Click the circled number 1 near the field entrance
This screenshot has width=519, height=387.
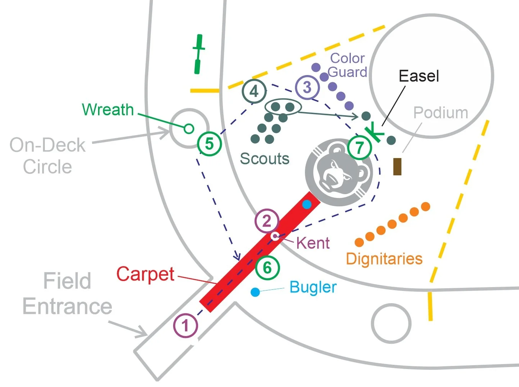coord(185,326)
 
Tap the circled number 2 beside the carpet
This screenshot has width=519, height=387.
coord(267,221)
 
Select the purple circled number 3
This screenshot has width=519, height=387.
coord(307,87)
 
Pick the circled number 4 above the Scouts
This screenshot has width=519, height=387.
coord(254,91)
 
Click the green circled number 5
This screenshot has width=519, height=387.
coord(209,144)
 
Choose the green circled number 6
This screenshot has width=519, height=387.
coord(267,268)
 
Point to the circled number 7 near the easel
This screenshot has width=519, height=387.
coord(359,147)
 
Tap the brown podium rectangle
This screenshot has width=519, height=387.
coord(397,167)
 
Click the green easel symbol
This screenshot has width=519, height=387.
coord(373,132)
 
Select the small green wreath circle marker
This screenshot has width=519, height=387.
coord(188,129)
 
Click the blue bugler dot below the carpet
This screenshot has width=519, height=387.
coord(255,292)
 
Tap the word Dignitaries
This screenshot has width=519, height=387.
coord(384,259)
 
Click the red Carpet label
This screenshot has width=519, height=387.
coord(145,274)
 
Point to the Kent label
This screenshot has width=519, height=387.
coord(313,243)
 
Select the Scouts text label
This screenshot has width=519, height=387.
coord(264,158)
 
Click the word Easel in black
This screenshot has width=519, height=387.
coord(419,76)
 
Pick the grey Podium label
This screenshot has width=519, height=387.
coord(440,113)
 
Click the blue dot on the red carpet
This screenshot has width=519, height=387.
coord(306,204)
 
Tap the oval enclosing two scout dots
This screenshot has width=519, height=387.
coord(283,107)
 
